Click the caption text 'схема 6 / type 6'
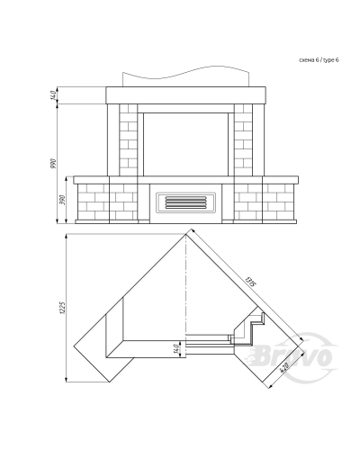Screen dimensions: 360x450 coord(319,60)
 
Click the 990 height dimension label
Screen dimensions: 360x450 coord(54,163)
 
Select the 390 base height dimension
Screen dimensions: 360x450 coord(62,200)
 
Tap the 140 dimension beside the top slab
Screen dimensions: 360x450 coord(54,95)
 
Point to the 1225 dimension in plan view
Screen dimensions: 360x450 coord(62,308)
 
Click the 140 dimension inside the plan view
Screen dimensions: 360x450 coord(176,348)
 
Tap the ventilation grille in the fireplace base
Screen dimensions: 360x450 coord(185,202)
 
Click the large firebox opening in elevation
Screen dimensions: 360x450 coord(185,144)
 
